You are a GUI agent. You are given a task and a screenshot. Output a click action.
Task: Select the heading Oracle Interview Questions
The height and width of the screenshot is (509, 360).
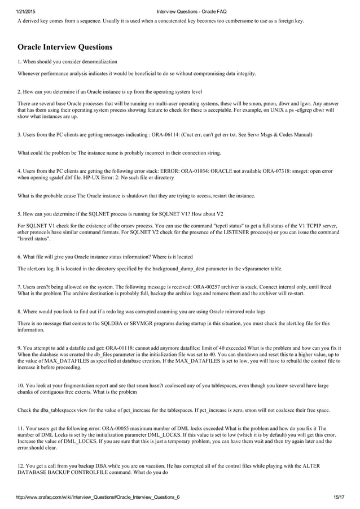point(65,47)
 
